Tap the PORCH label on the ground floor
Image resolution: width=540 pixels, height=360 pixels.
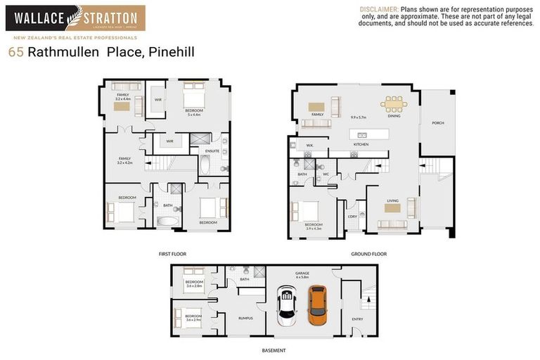click(438, 123)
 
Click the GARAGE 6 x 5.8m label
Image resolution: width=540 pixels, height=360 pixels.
click(302, 275)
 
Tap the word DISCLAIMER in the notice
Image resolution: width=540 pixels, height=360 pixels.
click(379, 8)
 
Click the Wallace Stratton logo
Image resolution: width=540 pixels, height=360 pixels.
click(76, 18)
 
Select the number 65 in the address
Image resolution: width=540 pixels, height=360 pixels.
click(15, 52)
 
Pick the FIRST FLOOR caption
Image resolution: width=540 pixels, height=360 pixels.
click(172, 253)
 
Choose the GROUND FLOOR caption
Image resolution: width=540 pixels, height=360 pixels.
click(369, 253)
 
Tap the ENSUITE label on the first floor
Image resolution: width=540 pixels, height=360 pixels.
click(212, 151)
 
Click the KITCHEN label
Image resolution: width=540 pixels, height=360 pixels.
click(361, 146)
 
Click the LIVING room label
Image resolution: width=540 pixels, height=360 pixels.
click(392, 200)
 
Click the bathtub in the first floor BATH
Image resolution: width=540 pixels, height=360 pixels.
click(167, 221)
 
